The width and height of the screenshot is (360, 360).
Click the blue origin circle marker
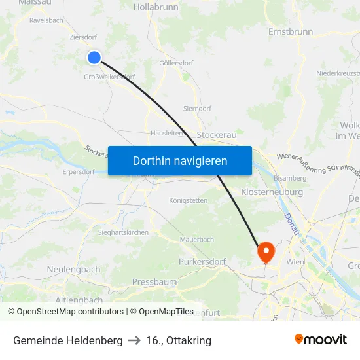click(x=94, y=58)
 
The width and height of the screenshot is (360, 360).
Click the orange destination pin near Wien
click(x=266, y=251)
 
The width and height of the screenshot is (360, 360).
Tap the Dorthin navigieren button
click(x=180, y=160)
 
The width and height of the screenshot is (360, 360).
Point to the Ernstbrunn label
click(x=291, y=31)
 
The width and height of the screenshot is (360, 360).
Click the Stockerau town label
click(x=217, y=134)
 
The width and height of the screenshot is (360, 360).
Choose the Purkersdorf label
click(x=202, y=262)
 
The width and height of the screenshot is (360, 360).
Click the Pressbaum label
click(x=154, y=281)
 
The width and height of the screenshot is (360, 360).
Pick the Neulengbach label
click(x=73, y=269)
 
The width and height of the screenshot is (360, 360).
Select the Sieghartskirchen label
click(x=123, y=232)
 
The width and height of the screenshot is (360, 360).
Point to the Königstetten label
click(x=188, y=200)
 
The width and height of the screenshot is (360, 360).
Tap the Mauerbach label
click(x=197, y=240)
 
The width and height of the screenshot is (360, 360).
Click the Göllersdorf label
click(x=176, y=63)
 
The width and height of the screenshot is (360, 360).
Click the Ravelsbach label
click(x=46, y=20)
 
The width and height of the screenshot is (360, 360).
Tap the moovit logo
click(x=321, y=340)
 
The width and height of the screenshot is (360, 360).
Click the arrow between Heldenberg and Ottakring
click(x=134, y=340)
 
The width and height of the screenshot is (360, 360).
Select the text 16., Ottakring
click(x=179, y=340)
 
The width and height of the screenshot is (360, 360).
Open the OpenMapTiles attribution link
click(x=162, y=312)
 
